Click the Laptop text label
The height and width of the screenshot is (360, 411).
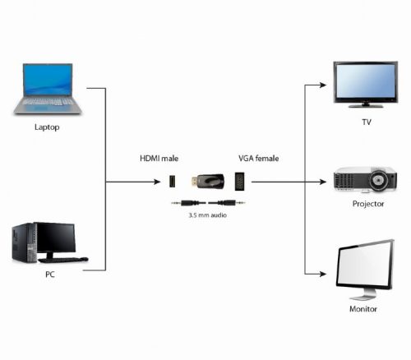click(47, 128)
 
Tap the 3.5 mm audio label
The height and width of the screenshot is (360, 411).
click(206, 215)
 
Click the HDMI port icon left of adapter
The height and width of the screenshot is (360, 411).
click(173, 181)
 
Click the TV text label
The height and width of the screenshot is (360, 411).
click(367, 122)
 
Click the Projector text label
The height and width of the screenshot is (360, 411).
click(368, 203)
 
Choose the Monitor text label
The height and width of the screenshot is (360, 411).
click(363, 309)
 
